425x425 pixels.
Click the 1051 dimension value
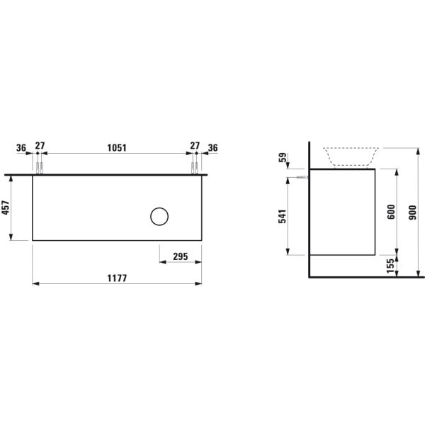coord(116,148)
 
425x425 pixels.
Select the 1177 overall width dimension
coord(116,278)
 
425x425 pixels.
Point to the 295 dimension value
coord(180,257)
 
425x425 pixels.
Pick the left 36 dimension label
coord(21,148)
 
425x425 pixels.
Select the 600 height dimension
coord(390,212)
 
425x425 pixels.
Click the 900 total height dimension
coord(414,212)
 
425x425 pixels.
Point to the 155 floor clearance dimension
coord(390,264)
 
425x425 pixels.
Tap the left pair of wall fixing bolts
coord(40,167)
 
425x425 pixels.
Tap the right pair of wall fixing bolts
coord(193,167)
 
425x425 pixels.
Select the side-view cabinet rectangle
coord(343,212)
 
